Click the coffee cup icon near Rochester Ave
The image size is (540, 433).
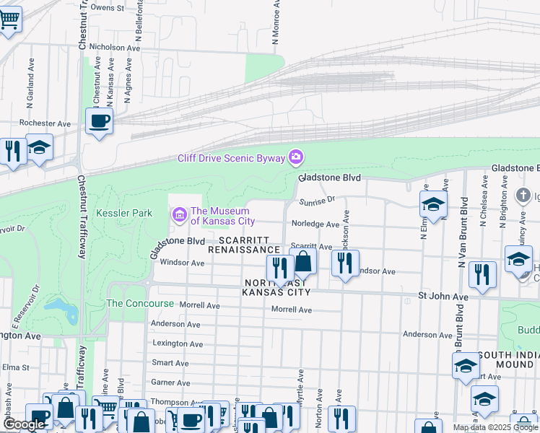pos(100,120)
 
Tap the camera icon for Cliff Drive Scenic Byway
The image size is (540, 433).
pos(295,157)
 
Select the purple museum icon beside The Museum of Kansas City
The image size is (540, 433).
pos(178,214)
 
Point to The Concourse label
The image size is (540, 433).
pos(140,304)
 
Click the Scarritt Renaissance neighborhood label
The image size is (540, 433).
pos(243,245)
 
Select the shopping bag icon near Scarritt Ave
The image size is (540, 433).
pos(304,261)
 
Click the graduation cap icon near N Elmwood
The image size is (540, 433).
pos(433,204)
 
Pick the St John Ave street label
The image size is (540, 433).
pos(445,296)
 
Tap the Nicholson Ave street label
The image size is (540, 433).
pos(113,48)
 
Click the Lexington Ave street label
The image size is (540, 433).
pos(175,344)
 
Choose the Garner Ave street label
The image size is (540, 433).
pos(170,382)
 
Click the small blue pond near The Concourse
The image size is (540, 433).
pos(62,312)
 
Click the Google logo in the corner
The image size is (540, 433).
pos(24,424)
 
